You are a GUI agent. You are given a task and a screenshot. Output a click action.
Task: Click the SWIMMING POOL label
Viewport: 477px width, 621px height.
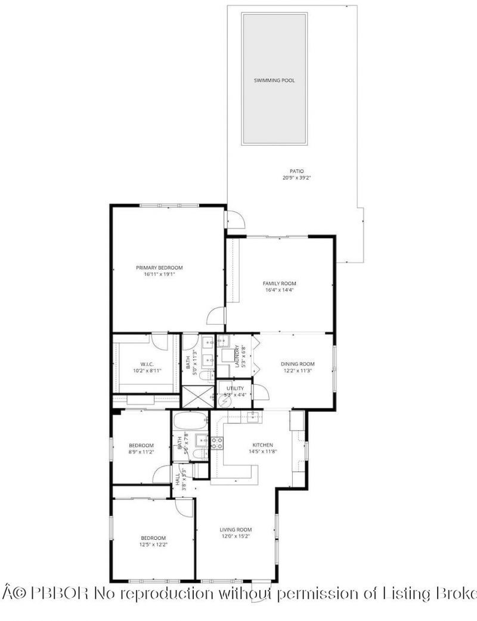click(x=274, y=80)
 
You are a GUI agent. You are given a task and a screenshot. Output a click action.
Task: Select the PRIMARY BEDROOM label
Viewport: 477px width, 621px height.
click(x=159, y=267)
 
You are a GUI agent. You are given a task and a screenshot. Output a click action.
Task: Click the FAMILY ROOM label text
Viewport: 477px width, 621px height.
click(x=280, y=283)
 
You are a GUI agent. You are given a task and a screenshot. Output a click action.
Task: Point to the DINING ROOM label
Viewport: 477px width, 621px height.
click(x=298, y=364)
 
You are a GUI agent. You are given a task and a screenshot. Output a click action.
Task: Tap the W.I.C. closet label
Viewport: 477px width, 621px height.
click(x=148, y=364)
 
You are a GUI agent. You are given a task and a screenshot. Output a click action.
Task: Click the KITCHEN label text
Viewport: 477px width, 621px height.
click(x=262, y=445)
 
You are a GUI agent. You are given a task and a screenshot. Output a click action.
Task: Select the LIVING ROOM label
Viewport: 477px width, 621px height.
click(x=236, y=529)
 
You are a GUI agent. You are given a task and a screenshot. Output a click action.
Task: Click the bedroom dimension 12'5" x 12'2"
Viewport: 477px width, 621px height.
click(x=153, y=545)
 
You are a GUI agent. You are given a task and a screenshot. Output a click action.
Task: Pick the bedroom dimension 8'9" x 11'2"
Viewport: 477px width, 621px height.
click(x=142, y=453)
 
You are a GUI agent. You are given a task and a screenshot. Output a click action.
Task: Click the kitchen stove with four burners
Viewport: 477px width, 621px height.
click(x=216, y=443)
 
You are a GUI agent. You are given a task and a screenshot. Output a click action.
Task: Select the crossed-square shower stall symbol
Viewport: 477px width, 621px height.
click(x=194, y=396)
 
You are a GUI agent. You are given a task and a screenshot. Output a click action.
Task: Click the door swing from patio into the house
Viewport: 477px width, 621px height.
click(x=235, y=220)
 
